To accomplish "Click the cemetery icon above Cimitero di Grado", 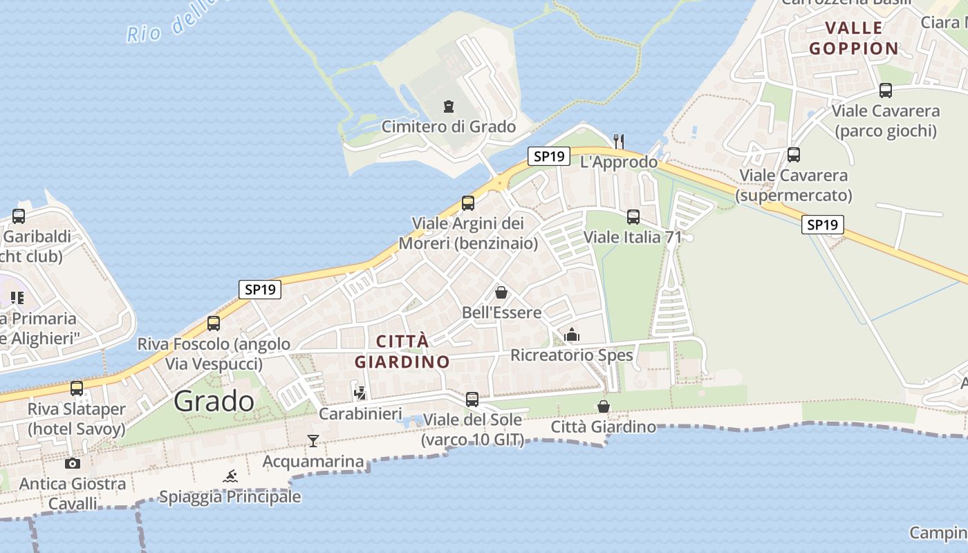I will coord(449,106).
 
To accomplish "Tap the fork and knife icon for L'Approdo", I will coord(619,141).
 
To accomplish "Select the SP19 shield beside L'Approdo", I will coord(549,156).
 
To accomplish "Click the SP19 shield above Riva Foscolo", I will coord(261,290).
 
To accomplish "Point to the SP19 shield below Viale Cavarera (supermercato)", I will coord(823,225).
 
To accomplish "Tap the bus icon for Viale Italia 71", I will coord(633,217).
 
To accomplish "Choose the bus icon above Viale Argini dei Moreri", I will coord(468,203).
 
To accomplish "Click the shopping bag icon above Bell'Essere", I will coord(501,292).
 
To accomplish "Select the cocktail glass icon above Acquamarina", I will coord(313,440).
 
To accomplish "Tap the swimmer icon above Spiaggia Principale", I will coord(230,476).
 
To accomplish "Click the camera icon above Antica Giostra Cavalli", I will coord(73,463).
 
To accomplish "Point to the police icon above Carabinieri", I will coord(360,393).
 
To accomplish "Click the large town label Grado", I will coord(214,401).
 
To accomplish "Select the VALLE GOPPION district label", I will coord(854,38).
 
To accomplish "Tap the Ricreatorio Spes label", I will coord(572,355).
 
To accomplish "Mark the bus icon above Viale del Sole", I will coord(472,399).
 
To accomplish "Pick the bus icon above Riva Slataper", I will coord(77,388).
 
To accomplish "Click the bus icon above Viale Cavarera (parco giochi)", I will coord(886,91).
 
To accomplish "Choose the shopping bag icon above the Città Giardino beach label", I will coord(604,406).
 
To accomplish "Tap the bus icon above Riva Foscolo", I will coord(214,323).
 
